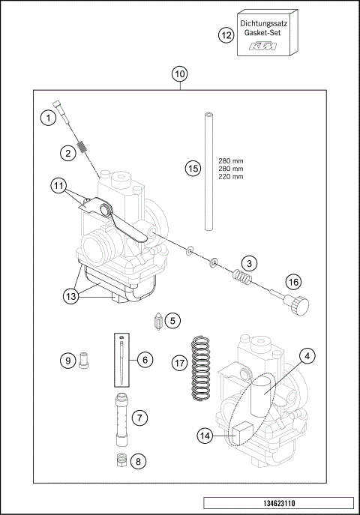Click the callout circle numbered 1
pyautogui.click(x=48, y=118)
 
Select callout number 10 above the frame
pyautogui.click(x=180, y=74)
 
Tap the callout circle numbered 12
pyautogui.click(x=226, y=34)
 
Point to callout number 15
pyautogui.click(x=193, y=169)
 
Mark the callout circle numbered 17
pyautogui.click(x=179, y=362)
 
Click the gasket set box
pyautogui.click(x=268, y=34)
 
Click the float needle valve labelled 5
pyautogui.click(x=158, y=322)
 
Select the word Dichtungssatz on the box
pyautogui.click(x=268, y=24)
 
